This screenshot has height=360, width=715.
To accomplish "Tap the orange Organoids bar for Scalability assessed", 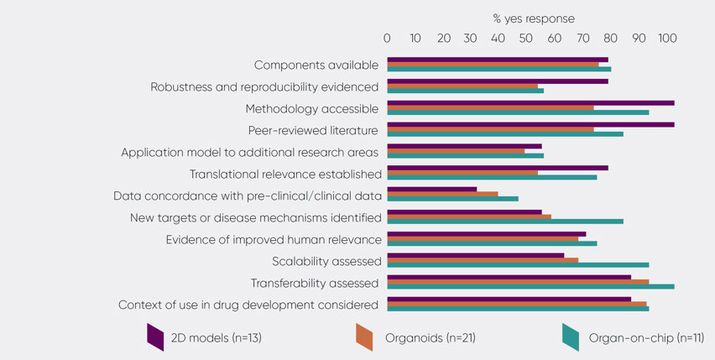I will (x=483, y=260).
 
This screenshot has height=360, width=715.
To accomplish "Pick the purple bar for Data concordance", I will (x=431, y=190).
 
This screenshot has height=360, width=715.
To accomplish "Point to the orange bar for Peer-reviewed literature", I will (x=490, y=129).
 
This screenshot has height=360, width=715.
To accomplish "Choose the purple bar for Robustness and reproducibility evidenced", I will (x=498, y=81).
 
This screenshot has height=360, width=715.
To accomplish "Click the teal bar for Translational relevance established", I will (x=492, y=177).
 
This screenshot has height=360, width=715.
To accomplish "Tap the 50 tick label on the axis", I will (x=526, y=38).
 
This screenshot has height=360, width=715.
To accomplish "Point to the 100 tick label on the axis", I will (x=668, y=38).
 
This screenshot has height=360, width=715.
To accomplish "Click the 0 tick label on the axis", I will (x=387, y=38).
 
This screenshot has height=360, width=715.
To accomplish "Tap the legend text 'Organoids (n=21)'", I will (x=431, y=338).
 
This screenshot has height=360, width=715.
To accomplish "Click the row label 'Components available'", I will (x=316, y=65).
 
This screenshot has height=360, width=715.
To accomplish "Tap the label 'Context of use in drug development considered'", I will (x=248, y=304).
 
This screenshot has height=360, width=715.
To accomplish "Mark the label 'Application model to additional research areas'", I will (x=250, y=152).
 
